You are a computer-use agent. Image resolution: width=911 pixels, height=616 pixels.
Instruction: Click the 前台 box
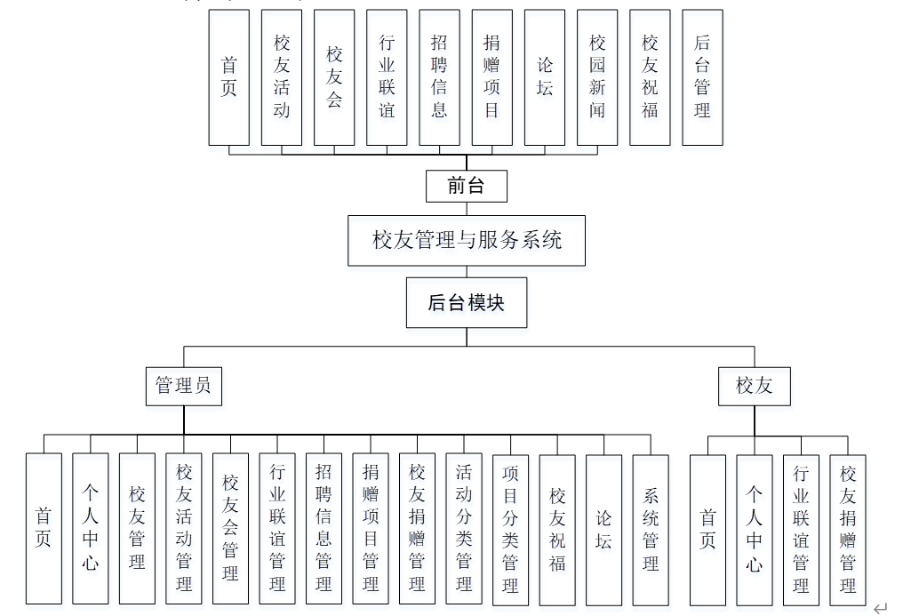point(467,186)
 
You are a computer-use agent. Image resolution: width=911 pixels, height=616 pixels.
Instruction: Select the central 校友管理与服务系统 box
point(467,240)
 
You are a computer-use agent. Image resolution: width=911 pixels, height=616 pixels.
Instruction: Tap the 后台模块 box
point(467,303)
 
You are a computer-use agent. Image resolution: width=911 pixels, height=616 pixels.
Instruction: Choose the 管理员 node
point(184,385)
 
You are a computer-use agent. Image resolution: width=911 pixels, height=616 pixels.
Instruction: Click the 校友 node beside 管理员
point(755,385)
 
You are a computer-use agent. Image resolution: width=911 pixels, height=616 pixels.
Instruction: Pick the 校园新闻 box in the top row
point(597,77)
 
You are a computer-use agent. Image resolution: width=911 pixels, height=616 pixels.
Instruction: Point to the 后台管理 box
point(702,77)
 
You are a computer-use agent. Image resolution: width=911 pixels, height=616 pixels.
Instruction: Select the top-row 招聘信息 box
point(439,77)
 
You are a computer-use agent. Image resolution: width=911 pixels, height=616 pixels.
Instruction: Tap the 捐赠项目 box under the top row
point(491,77)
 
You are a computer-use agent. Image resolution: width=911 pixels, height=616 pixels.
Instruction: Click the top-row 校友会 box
point(334,77)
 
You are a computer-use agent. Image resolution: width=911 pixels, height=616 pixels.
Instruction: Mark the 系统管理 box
point(651,529)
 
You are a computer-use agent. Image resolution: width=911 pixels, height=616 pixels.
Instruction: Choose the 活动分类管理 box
point(464,529)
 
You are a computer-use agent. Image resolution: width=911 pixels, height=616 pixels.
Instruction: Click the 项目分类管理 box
point(510,529)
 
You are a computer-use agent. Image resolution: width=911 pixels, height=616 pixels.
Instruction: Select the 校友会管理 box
point(230,529)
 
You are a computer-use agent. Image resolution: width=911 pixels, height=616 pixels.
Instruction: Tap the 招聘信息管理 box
point(324,529)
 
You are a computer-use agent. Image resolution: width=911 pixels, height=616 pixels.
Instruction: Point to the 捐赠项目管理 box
point(371,529)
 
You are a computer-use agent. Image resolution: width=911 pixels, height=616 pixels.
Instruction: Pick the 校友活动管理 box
point(184,529)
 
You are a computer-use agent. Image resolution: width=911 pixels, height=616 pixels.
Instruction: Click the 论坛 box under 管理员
point(603,529)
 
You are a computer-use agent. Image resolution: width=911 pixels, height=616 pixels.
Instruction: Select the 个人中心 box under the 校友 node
point(755,529)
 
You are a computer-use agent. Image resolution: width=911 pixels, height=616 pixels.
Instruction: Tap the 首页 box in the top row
point(229,77)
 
